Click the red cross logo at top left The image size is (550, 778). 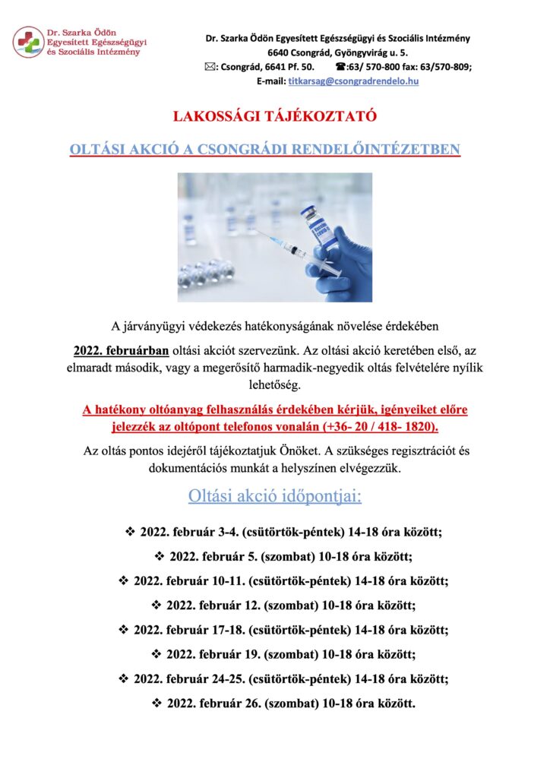click(28, 41)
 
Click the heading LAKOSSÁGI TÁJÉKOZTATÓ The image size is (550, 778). click(274, 117)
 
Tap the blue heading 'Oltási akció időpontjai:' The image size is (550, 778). click(274, 496)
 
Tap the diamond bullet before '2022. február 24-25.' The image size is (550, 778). click(123, 678)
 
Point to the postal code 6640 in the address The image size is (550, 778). click(279, 52)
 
